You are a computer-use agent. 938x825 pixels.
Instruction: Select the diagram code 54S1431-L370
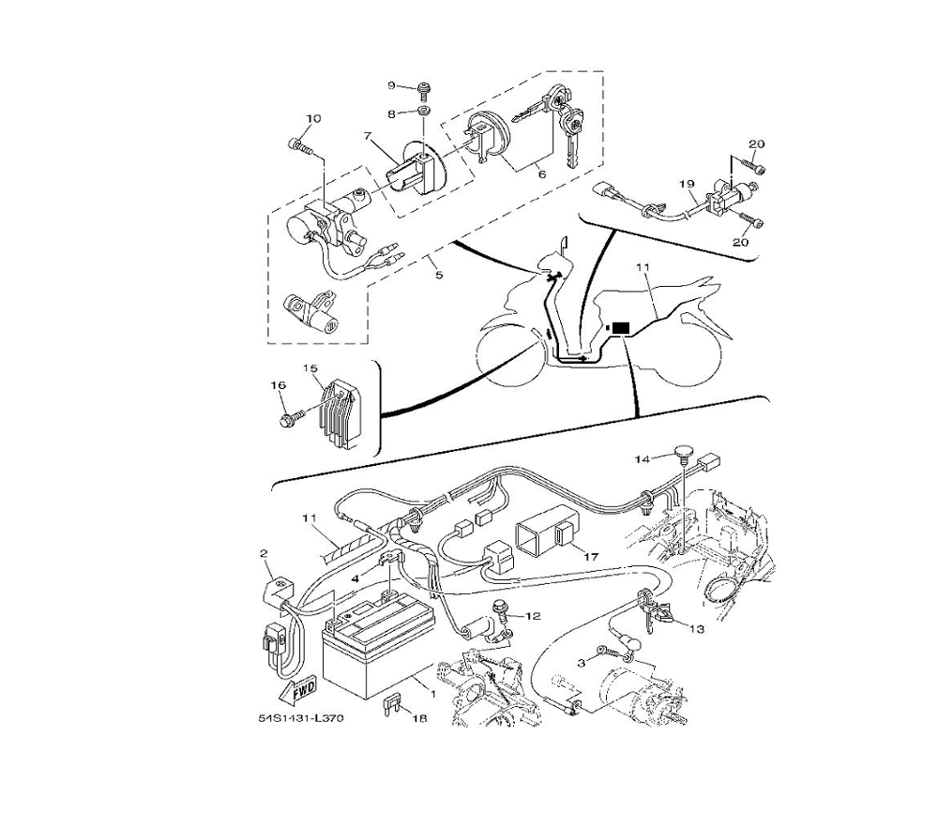coord(301,718)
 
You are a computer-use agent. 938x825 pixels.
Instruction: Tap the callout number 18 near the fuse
coord(420,718)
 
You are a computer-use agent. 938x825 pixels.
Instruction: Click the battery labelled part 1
coord(376,651)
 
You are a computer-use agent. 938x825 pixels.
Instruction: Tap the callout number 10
coord(313,118)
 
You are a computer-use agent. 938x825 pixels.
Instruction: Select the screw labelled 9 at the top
coord(424,90)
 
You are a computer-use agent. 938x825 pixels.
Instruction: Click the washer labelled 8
coord(424,112)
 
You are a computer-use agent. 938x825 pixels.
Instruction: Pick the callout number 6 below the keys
coord(542,174)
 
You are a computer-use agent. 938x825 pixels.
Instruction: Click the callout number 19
coord(687,183)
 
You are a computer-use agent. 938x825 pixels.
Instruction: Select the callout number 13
coord(697,628)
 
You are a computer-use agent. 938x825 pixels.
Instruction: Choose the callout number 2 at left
coord(264,553)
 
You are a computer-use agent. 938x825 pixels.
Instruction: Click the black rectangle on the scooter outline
coord(621,328)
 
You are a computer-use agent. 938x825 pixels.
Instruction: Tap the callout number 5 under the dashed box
coord(439,275)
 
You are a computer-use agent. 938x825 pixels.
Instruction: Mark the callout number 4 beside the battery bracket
coord(356,578)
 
